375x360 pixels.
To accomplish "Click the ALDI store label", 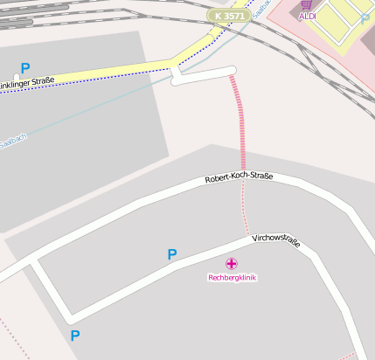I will tap(307, 16).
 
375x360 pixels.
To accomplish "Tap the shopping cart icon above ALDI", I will tap(306, 4).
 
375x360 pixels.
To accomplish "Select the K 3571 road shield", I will tap(227, 16).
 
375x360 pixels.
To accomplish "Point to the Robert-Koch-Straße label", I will tap(239, 177).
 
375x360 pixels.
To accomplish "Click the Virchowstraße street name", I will tap(276, 240).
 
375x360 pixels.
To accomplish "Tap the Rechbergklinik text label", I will tap(232, 278).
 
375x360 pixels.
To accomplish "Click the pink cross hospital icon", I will tap(232, 263).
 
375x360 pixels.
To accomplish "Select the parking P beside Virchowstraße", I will tap(172, 254).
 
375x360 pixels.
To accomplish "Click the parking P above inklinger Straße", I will tap(25, 67).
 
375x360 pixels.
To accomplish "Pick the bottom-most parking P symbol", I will tap(75, 335).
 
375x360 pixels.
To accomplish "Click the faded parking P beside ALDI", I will tap(365, 18).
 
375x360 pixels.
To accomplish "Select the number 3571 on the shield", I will tap(232, 16).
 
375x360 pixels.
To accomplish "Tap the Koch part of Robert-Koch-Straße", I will tap(239, 177).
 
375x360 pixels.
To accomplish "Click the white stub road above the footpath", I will tap(205, 75).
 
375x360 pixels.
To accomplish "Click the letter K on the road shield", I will tap(215, 16).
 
